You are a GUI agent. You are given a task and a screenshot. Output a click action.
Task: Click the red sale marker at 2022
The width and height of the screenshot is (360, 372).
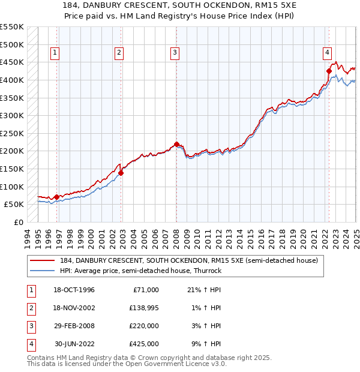point(329,71)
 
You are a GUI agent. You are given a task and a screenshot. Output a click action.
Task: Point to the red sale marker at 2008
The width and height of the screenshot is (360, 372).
point(176,144)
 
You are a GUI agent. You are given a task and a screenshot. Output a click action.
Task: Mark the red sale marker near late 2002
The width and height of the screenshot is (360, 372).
point(121,173)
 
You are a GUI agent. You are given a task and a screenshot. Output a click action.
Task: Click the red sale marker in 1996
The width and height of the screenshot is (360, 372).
point(56,197)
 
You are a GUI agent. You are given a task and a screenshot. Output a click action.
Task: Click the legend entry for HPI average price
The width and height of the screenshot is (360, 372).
point(140,271)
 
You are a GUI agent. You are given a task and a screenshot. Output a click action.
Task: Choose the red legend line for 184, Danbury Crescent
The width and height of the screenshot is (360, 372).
point(42,260)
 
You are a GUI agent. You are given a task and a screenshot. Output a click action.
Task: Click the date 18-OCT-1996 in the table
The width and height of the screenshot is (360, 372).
point(74,290)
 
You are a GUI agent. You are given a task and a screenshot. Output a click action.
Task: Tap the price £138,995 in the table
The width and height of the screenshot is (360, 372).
point(144,308)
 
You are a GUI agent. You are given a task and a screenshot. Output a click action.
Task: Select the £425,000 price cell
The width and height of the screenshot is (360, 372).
point(144,344)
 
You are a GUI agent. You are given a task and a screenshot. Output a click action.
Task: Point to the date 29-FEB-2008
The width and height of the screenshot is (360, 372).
point(74,326)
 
